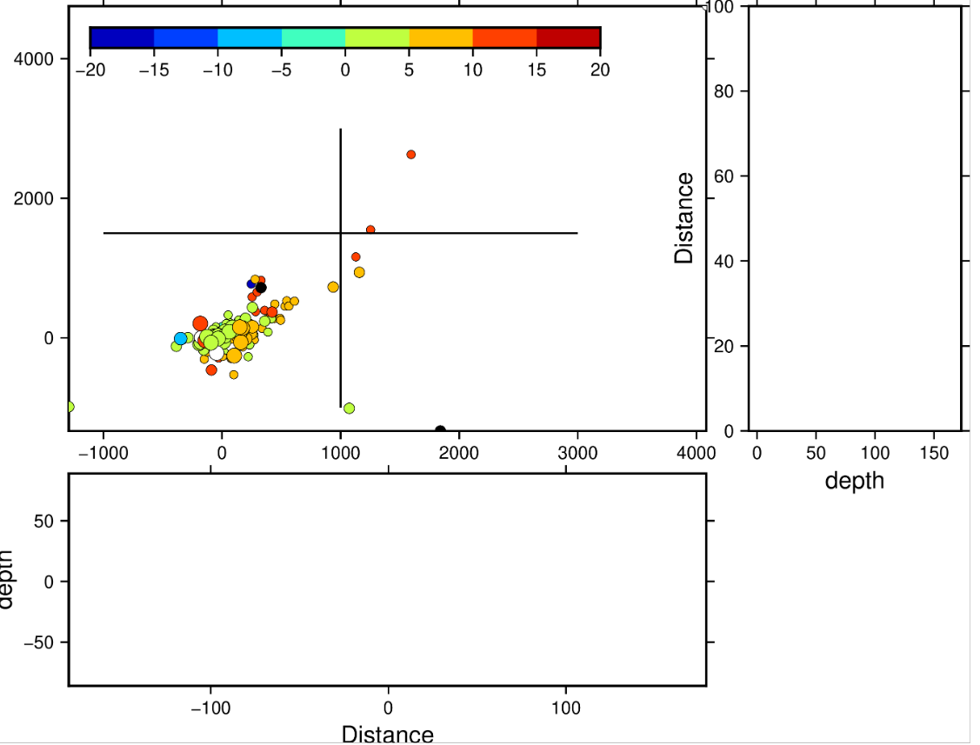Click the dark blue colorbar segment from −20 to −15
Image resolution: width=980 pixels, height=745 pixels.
(x=122, y=37)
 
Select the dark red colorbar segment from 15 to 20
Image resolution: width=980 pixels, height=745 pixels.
(x=569, y=37)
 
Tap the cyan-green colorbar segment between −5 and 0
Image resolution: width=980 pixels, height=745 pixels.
(x=313, y=37)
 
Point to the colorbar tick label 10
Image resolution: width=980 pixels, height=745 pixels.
(x=472, y=70)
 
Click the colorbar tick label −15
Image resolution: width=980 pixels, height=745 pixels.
(x=153, y=70)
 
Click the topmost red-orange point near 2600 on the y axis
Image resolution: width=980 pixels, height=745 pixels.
(x=410, y=155)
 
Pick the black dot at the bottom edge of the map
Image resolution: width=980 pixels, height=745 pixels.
(x=440, y=429)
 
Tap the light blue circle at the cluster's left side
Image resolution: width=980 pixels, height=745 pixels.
(x=180, y=338)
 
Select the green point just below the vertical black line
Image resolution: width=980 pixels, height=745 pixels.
(x=349, y=408)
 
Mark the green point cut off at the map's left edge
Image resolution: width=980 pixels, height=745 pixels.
(x=70, y=407)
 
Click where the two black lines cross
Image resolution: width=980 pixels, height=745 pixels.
(x=340, y=233)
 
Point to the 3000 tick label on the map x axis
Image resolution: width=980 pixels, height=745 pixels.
(x=578, y=453)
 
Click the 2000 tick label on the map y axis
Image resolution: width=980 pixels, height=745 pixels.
(x=35, y=198)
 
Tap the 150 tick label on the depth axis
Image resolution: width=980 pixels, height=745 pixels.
(x=934, y=453)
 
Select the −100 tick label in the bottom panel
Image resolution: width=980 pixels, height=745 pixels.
(x=210, y=708)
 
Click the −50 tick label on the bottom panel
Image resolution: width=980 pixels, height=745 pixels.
(x=38, y=642)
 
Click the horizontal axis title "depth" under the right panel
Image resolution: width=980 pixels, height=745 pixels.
(x=854, y=480)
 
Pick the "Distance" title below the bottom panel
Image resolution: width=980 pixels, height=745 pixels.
(x=387, y=735)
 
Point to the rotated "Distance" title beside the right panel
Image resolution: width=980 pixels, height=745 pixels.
(x=685, y=218)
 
